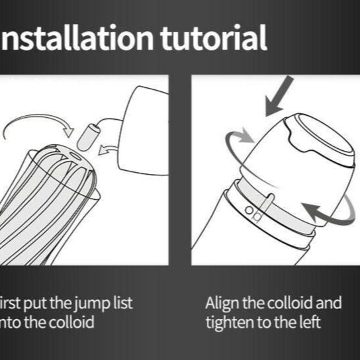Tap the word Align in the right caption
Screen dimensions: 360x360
point(222,304)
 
